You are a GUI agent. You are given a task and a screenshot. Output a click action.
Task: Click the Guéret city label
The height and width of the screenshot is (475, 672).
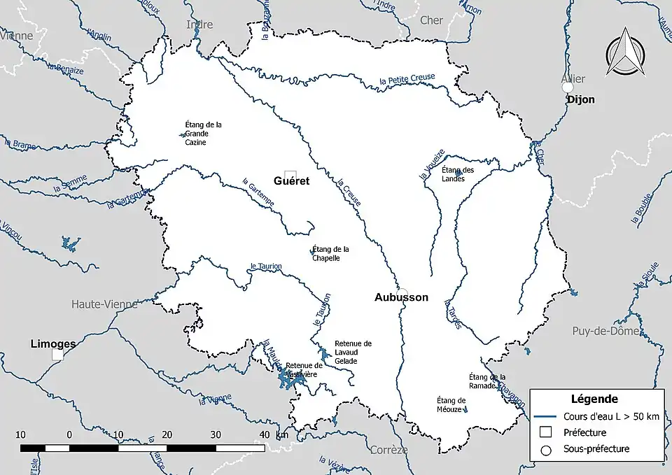click(291, 180)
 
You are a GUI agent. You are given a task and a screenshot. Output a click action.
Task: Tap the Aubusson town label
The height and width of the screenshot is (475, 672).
click(401, 297)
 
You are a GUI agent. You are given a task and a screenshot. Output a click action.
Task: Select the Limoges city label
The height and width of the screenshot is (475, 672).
click(53, 344)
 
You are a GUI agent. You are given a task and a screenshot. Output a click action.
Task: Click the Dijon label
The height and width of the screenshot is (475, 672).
click(581, 99)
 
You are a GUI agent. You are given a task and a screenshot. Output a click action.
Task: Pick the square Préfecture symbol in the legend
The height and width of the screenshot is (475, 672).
click(547, 432)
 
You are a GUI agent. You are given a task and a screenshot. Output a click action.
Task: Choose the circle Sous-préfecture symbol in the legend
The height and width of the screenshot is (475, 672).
click(547, 449)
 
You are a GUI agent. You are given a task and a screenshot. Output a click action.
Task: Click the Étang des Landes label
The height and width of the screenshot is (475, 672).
click(458, 174)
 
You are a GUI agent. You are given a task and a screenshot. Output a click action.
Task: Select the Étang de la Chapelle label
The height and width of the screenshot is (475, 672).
click(330, 253)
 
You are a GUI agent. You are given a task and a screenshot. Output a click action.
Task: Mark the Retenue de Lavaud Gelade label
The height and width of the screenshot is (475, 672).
click(353, 352)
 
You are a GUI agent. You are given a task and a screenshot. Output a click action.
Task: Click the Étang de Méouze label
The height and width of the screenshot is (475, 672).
click(451, 404)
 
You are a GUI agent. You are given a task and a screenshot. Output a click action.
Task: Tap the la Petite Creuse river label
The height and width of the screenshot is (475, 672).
click(407, 79)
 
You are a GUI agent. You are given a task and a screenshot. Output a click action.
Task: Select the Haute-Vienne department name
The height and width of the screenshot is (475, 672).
click(104, 304)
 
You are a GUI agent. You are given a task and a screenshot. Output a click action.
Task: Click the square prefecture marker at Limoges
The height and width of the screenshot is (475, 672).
click(57, 355)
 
